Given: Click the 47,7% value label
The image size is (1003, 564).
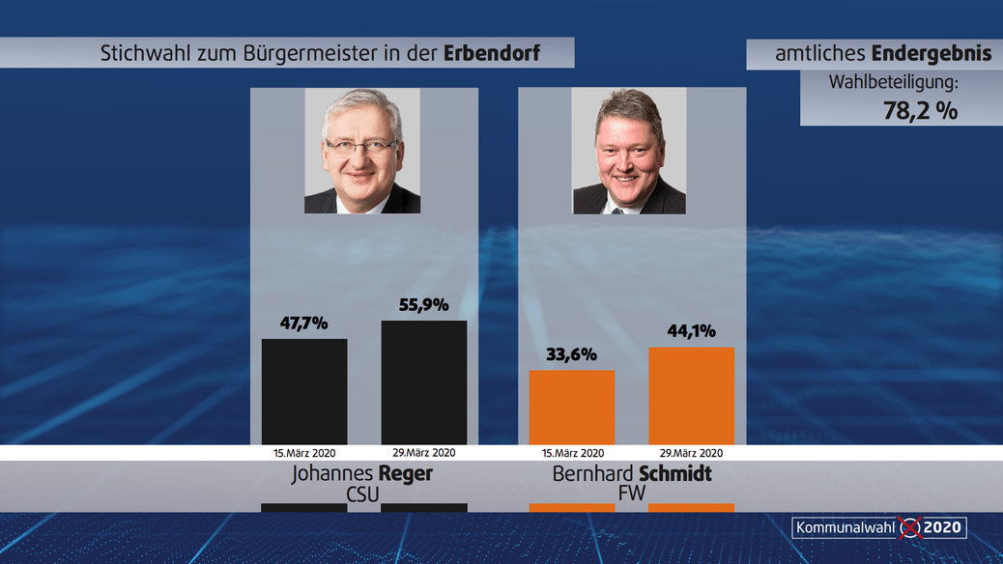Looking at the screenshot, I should pos(304,324).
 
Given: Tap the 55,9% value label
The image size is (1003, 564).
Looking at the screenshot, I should pos(423,305).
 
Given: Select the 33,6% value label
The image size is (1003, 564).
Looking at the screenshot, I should pos(571,354).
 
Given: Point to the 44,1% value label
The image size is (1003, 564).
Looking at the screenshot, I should pos(691,331).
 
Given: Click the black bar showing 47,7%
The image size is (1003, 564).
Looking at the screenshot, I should pos(304,391).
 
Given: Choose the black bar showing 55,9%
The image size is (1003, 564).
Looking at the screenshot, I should pos(423,382).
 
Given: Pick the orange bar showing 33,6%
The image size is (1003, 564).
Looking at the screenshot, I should pos(571,407).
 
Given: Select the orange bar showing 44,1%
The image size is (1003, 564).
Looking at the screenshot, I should pos(691,395).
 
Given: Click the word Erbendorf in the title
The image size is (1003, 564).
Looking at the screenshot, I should pos(491,54).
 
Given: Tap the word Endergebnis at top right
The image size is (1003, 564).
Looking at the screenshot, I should pos(931,54).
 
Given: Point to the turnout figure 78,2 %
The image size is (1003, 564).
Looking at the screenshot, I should pos(920,110).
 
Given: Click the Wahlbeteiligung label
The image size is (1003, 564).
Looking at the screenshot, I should pos(893,82).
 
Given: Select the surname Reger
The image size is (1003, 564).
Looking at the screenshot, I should pos(405,474).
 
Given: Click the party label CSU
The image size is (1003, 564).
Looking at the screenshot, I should pos(362,493).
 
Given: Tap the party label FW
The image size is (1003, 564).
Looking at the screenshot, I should pos(632,493).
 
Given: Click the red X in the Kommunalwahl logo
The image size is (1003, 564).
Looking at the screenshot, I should pos(909,527).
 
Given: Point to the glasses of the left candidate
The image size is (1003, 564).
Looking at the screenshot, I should pos(360,146).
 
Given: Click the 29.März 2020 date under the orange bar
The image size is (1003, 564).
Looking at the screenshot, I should pos(691,452).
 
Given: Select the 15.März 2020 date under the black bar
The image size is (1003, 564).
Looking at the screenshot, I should pos(304,452).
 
